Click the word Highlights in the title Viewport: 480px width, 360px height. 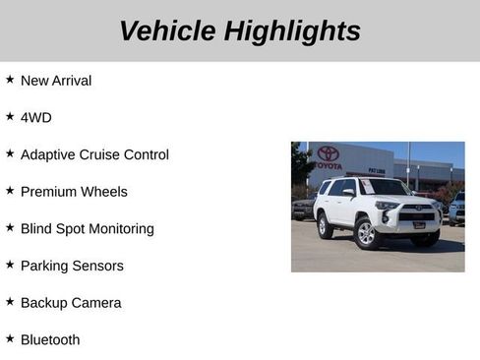coord(292,30)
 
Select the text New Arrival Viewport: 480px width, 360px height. coord(55,81)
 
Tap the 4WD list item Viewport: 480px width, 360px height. coord(35,118)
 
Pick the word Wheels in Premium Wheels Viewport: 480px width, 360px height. coord(106,192)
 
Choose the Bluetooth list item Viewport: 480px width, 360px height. coord(50,340)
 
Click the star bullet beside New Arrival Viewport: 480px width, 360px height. coord(10,80)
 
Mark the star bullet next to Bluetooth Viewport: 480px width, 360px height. coord(10,339)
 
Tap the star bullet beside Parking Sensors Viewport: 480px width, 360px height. coord(10,265)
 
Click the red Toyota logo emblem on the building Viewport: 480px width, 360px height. coord(329,153)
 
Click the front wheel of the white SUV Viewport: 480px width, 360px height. coord(366,234)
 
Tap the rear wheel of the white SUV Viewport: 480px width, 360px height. coord(325,227)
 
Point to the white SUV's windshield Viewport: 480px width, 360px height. coord(383,187)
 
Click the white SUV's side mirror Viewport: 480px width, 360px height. coord(349,194)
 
